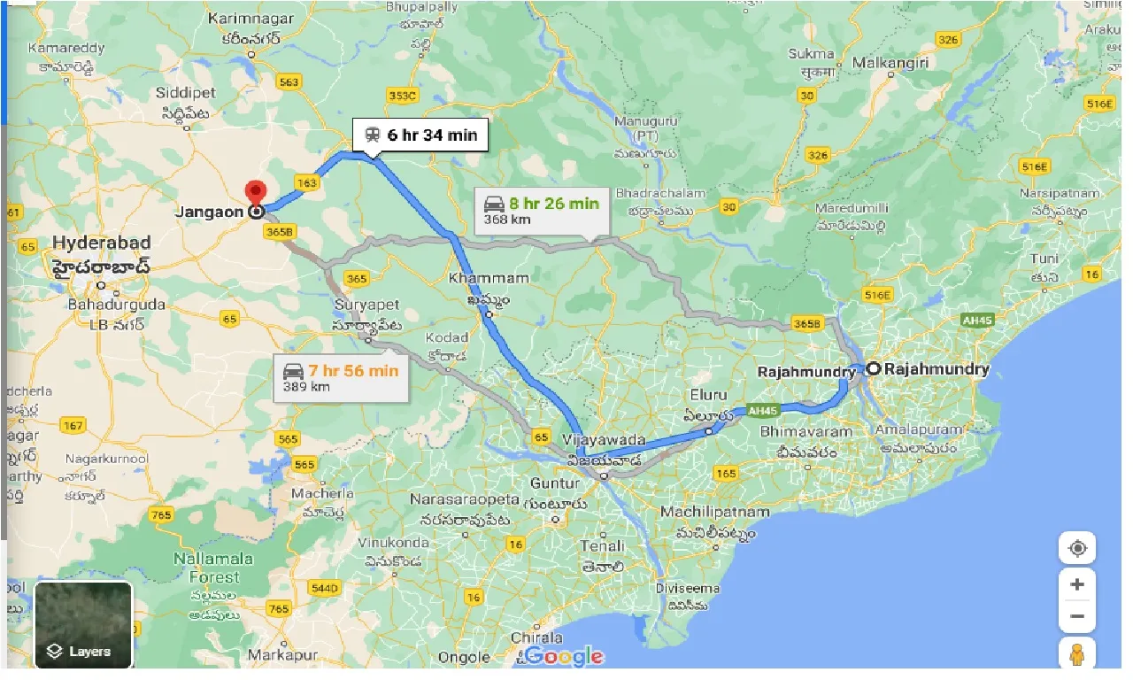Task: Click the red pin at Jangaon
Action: click(x=256, y=192)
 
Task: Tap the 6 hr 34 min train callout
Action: click(x=420, y=135)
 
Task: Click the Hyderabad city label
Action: click(x=102, y=243)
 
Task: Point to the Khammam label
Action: click(x=489, y=278)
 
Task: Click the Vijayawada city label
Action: click(x=603, y=440)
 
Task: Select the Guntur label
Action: click(x=555, y=483)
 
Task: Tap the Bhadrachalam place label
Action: click(x=660, y=193)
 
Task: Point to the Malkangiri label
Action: click(x=890, y=63)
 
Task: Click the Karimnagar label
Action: click(x=244, y=18)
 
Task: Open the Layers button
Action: click(x=83, y=625)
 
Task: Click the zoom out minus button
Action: click(x=1077, y=616)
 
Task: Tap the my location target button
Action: click(x=1077, y=548)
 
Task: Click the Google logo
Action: click(x=565, y=656)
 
